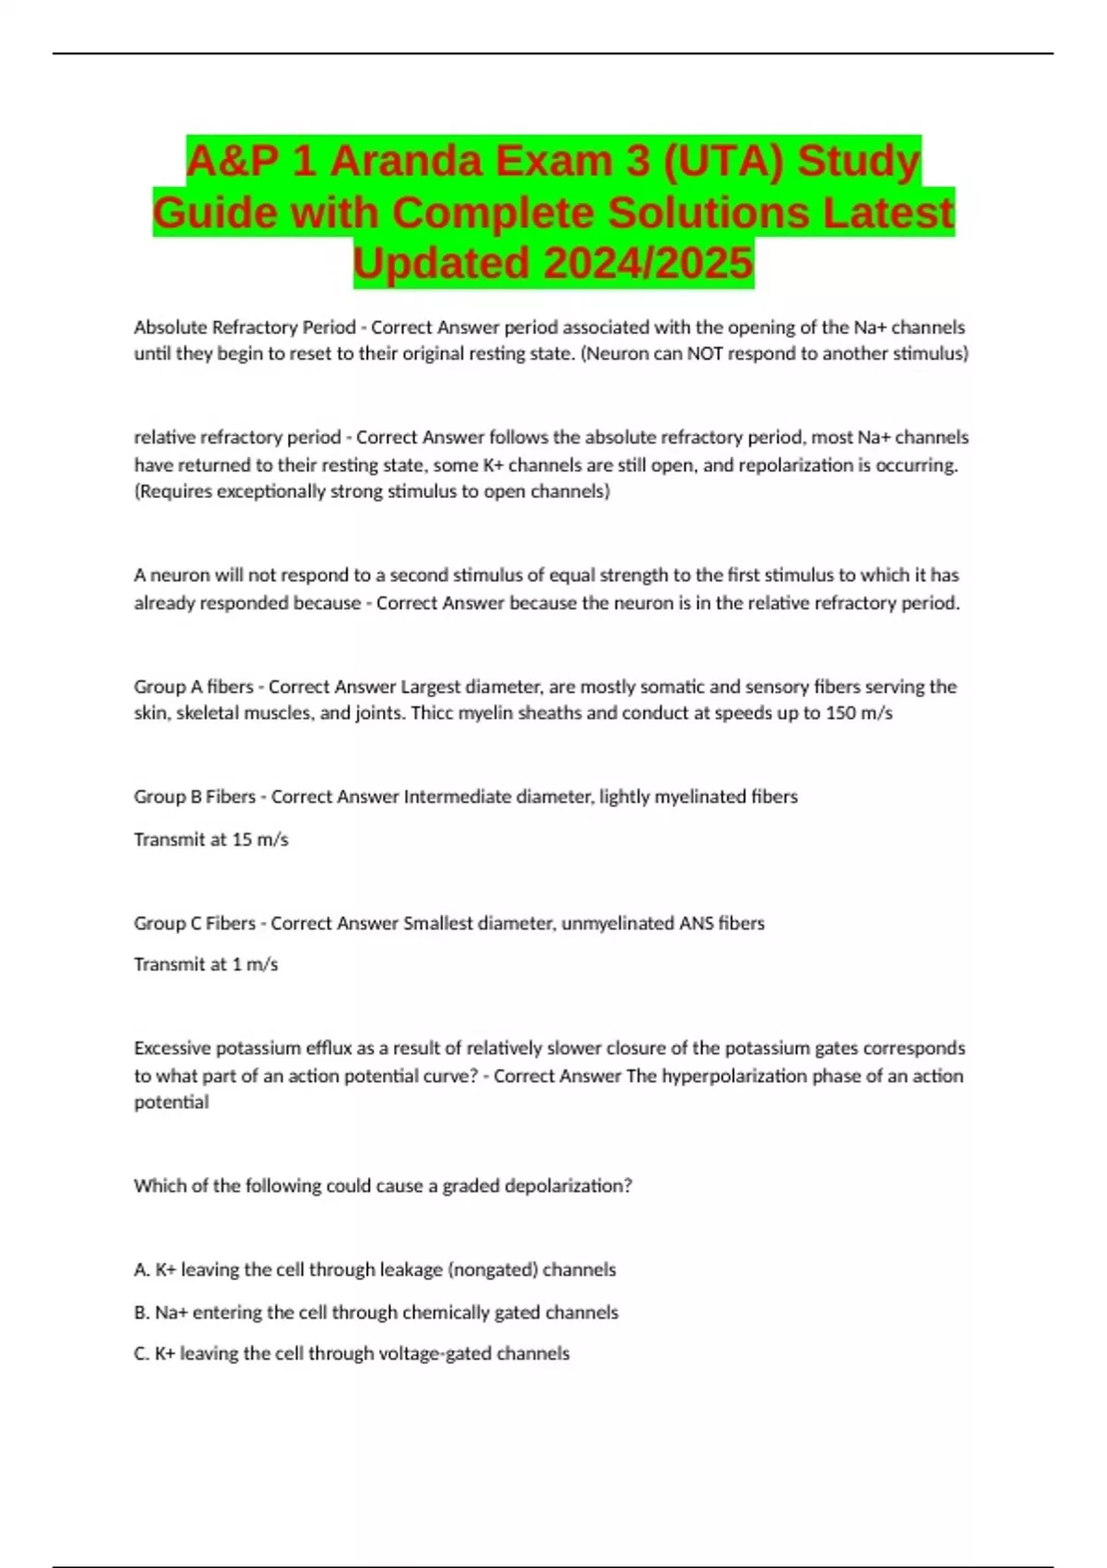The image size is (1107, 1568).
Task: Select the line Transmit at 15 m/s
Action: coord(211,839)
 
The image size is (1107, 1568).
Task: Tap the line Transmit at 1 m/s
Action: coord(206,965)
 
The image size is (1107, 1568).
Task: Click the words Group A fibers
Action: coord(194,686)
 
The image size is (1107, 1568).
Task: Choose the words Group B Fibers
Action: coord(195,797)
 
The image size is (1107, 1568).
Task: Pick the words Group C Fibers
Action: coord(195,923)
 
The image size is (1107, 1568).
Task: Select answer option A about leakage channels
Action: coord(375,1270)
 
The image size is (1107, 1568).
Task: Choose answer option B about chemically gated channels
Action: coord(376,1313)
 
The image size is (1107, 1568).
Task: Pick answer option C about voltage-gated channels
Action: coord(351,1354)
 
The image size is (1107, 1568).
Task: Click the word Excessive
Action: coord(170,1049)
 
